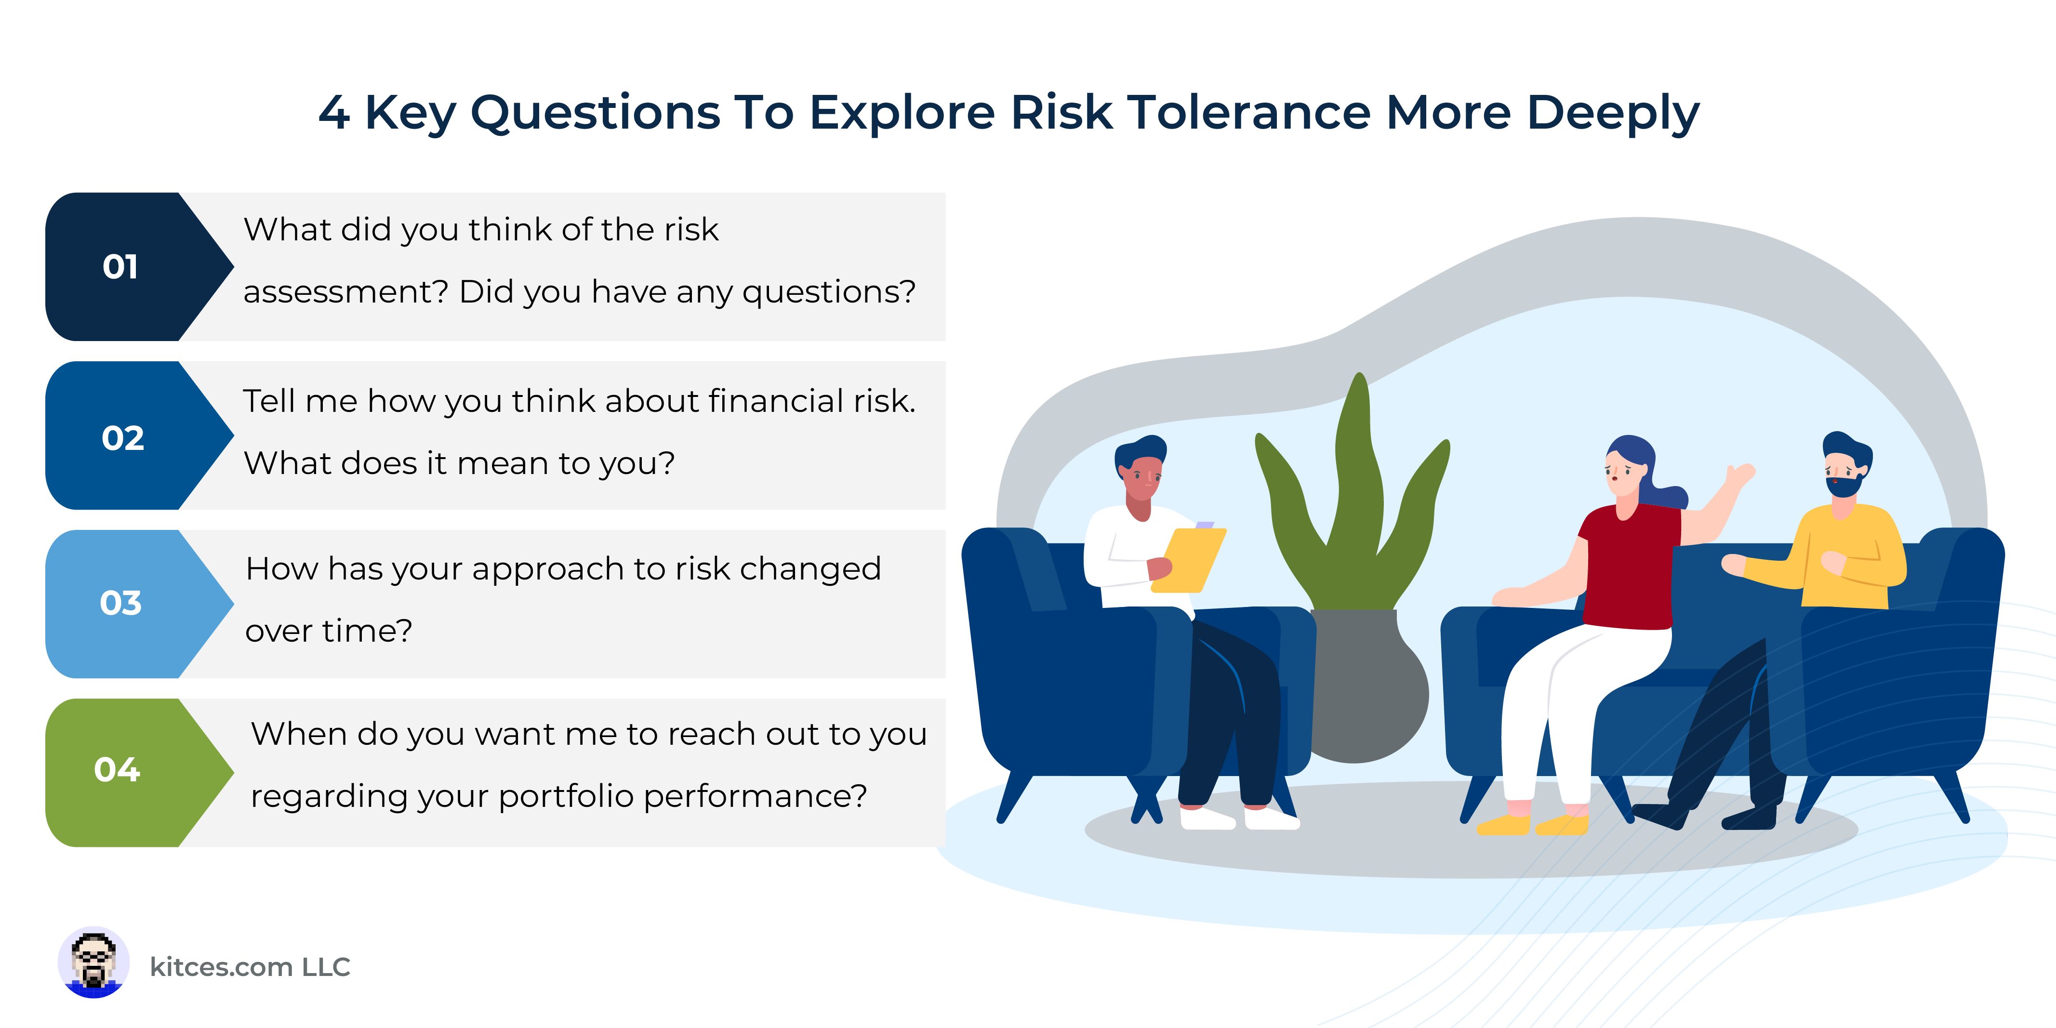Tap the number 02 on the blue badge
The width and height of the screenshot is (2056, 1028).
[123, 438]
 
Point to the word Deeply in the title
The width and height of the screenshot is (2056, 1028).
[1613, 113]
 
